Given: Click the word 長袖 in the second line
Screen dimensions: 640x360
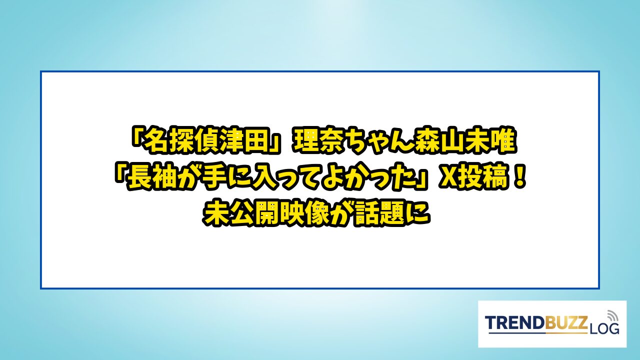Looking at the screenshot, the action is [155, 179].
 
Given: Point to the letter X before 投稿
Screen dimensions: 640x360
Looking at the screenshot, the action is [446, 179].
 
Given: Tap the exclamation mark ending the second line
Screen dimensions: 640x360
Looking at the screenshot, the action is [519, 178].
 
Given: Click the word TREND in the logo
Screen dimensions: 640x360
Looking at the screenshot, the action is [511, 323].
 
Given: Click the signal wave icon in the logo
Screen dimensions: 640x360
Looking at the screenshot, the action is [612, 315].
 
